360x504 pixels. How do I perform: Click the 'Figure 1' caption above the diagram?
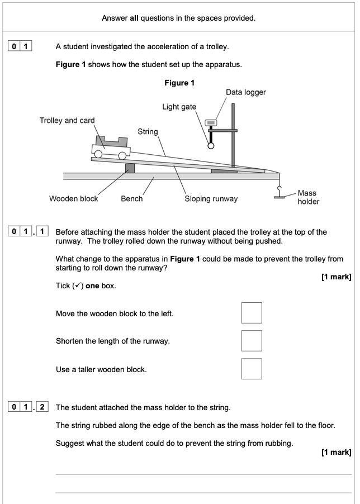coord(179,83)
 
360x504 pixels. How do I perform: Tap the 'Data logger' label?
coord(245,92)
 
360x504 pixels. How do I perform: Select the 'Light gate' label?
coord(179,107)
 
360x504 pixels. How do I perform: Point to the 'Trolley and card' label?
coord(67,120)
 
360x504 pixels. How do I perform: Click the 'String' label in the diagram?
coord(148,132)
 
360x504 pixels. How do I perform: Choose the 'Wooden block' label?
coord(73,198)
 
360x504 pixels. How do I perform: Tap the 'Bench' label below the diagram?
coord(131,198)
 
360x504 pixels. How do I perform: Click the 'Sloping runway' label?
coord(211,198)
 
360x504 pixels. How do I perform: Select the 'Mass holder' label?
coord(307,197)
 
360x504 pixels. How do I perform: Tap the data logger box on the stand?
coord(211,122)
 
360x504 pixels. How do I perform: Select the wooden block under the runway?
coord(130,168)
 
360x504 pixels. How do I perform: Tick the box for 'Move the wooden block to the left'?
coord(252,313)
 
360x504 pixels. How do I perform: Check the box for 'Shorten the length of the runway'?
coord(252,341)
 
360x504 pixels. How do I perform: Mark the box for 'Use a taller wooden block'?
coord(252,369)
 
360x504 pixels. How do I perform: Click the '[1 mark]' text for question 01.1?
coord(336,276)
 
